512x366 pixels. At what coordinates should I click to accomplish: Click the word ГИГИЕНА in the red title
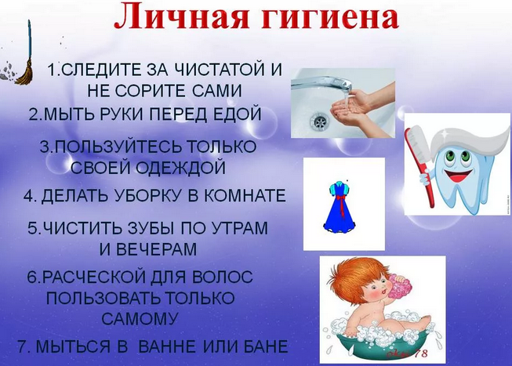point(329,17)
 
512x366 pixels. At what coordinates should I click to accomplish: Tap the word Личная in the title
point(183,17)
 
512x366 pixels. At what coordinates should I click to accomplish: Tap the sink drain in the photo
point(318,121)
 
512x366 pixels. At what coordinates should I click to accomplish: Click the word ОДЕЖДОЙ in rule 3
point(181,168)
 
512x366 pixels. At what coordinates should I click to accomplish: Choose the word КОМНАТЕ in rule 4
point(245,196)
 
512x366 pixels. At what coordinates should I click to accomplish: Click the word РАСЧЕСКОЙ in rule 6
point(94,277)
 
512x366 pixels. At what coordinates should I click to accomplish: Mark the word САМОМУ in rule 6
point(140,319)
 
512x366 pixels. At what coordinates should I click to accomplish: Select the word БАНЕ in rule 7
point(266,346)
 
